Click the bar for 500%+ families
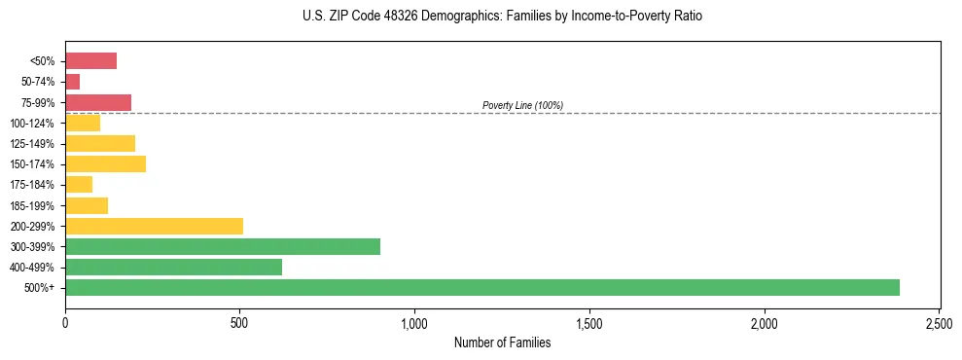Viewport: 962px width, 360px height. pyautogui.click(x=481, y=287)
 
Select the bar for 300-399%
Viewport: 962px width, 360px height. pyautogui.click(x=223, y=246)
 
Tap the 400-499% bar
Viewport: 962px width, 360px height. pyautogui.click(x=173, y=267)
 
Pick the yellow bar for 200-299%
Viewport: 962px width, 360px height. pyautogui.click(x=154, y=226)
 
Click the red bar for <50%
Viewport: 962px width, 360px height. pyautogui.click(x=90, y=61)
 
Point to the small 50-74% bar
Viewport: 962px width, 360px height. pyautogui.click(x=73, y=82)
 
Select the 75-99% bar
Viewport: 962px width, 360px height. pyautogui.click(x=98, y=102)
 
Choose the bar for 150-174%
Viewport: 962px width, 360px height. pyautogui.click(x=105, y=164)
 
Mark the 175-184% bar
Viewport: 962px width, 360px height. pyautogui.click(x=79, y=185)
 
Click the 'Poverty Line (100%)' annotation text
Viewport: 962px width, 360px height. pyautogui.click(x=522, y=105)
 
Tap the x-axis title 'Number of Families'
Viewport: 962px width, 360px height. pyautogui.click(x=502, y=342)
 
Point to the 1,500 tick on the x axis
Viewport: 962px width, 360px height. pyautogui.click(x=589, y=322)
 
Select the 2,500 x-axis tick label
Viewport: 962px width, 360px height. pyautogui.click(x=939, y=322)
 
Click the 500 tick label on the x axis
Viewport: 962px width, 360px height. pyautogui.click(x=240, y=322)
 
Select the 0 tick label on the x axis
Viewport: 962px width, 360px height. pyautogui.click(x=65, y=322)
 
